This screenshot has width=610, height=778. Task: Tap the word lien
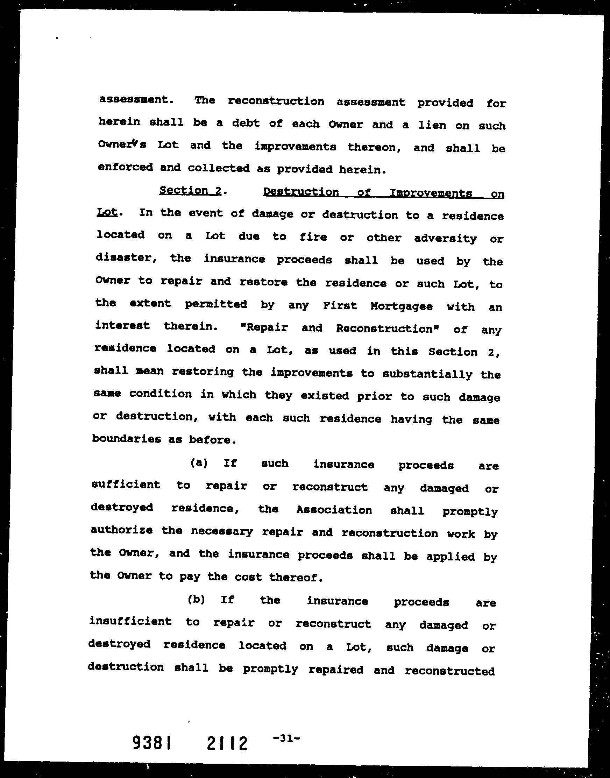(432, 125)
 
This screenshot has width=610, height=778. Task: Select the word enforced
(125, 167)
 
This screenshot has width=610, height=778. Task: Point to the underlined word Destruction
(301, 192)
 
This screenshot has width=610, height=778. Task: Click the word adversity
(445, 239)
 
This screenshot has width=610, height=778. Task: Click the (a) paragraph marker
(199, 463)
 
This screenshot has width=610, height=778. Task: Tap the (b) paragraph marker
(197, 599)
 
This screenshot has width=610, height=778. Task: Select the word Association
(334, 510)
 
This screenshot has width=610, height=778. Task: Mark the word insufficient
(130, 622)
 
